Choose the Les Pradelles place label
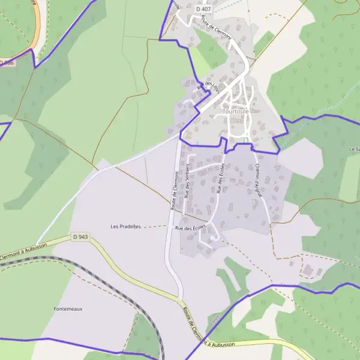125,227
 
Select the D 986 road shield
7,62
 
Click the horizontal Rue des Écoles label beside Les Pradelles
190,227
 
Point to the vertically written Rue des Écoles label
221,178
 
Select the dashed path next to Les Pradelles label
155,226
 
